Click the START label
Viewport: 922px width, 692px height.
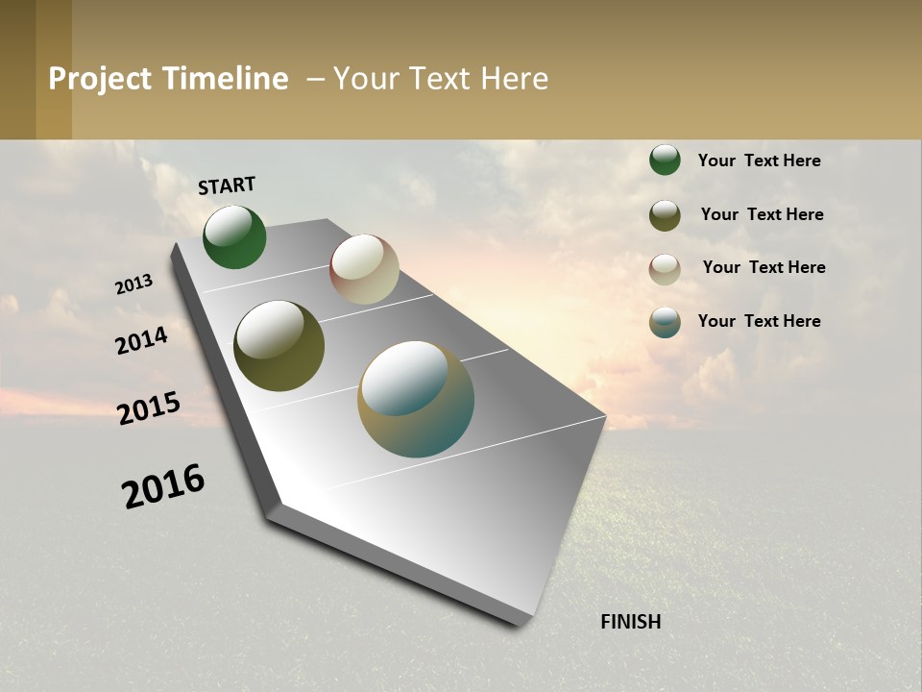click(x=227, y=185)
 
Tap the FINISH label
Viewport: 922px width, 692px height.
click(x=630, y=622)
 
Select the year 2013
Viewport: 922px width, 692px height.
click(x=133, y=284)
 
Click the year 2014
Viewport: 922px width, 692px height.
click(x=141, y=340)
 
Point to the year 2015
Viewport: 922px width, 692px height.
click(x=149, y=408)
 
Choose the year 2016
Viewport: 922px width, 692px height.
click(x=163, y=486)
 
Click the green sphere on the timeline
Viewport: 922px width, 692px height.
click(x=234, y=237)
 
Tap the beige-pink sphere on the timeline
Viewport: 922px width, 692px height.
click(x=364, y=269)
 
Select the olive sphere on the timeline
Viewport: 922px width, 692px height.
click(x=279, y=346)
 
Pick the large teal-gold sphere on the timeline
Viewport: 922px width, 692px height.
click(x=416, y=399)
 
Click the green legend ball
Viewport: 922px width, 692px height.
click(x=665, y=160)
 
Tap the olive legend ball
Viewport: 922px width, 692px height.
click(x=665, y=215)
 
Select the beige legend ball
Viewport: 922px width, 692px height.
click(x=665, y=269)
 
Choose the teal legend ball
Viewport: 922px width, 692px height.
click(x=665, y=322)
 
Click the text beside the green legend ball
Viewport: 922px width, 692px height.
click(x=759, y=161)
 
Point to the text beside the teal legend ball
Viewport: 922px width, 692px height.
click(x=759, y=321)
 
